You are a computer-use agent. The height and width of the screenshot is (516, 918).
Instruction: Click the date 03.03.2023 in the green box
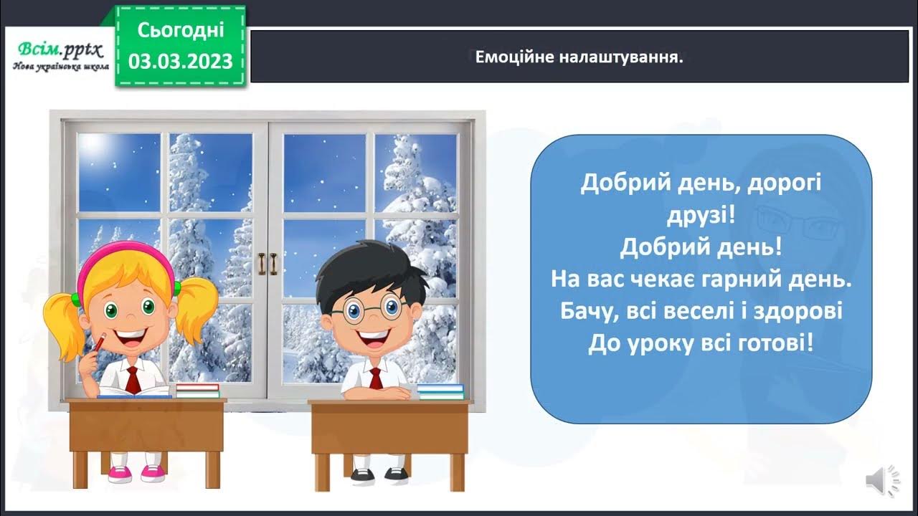pyautogui.click(x=181, y=61)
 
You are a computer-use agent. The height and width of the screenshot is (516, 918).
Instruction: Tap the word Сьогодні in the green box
pyautogui.click(x=181, y=29)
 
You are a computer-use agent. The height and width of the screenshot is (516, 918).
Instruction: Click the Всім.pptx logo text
pyautogui.click(x=60, y=49)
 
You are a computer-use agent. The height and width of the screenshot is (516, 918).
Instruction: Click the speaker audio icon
pyautogui.click(x=882, y=479)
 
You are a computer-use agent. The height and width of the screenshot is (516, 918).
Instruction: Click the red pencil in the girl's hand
pyautogui.click(x=98, y=343)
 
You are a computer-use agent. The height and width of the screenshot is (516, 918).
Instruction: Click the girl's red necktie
pyautogui.click(x=133, y=379)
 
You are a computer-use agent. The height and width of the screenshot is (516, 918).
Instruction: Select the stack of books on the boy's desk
pyautogui.click(x=440, y=391)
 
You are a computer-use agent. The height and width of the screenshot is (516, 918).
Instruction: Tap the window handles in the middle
pyautogui.click(x=268, y=264)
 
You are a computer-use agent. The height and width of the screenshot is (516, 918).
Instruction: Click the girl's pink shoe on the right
pyautogui.click(x=153, y=473)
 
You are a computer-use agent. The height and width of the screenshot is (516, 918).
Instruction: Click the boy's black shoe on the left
pyautogui.click(x=363, y=473)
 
